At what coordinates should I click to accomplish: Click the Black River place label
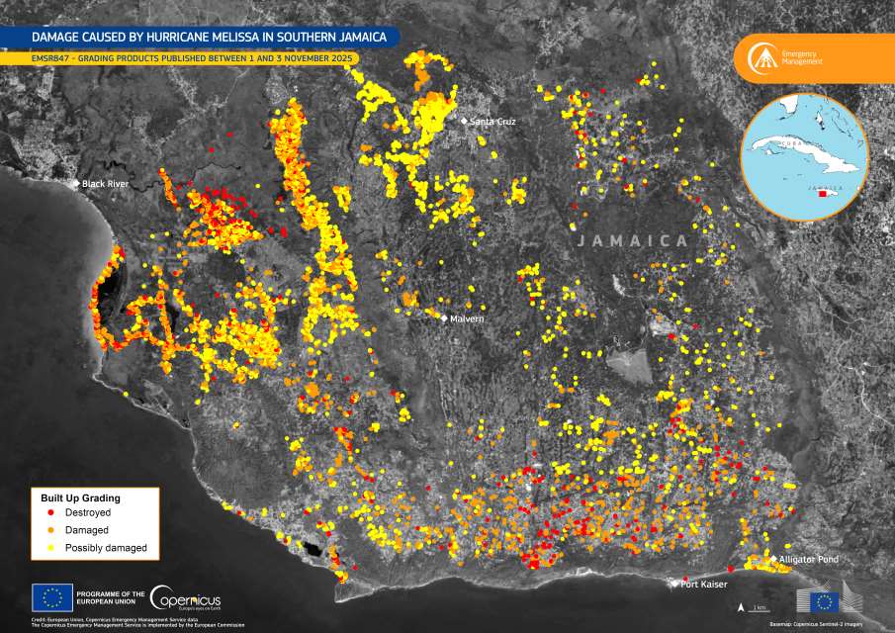[x=106, y=184]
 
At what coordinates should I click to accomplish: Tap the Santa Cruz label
[x=492, y=122]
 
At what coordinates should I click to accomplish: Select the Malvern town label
[x=466, y=318]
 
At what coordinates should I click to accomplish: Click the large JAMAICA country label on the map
[x=632, y=240]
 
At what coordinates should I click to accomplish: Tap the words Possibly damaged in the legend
[x=105, y=548]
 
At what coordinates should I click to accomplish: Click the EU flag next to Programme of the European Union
[x=51, y=596]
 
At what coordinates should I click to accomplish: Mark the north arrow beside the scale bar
[x=742, y=605]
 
